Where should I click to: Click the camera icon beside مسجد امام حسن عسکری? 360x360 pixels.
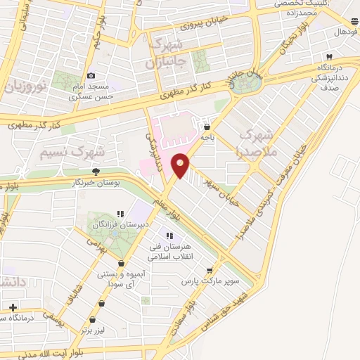point(91,76)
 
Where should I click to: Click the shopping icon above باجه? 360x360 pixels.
point(207,127)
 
